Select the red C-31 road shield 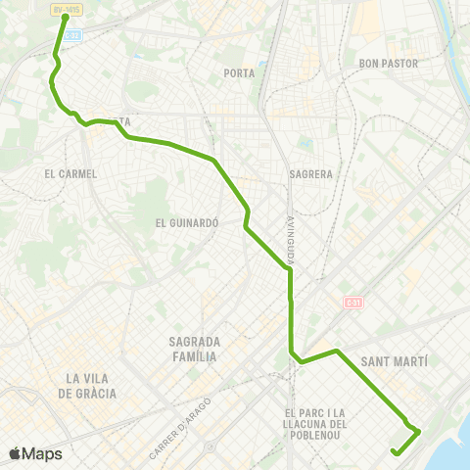(353, 302)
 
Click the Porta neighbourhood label (239, 73)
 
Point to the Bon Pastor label (389, 64)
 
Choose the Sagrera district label (312, 174)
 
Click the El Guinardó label (185, 222)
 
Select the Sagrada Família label (193, 349)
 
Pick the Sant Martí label (396, 361)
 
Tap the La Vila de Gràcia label (91, 386)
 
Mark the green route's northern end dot (66, 17)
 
